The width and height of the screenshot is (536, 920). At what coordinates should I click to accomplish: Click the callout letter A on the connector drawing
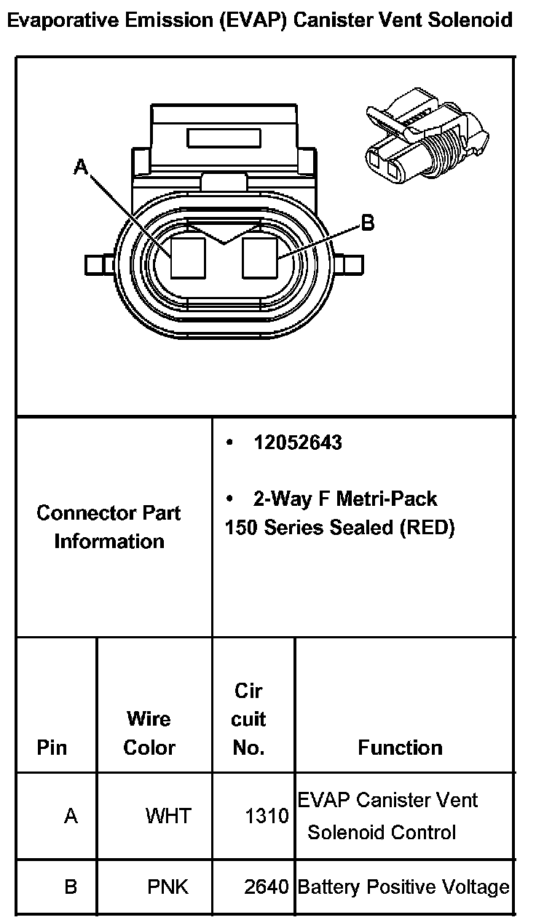pos(81,168)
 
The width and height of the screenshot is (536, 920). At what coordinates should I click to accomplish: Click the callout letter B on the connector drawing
pos(368,223)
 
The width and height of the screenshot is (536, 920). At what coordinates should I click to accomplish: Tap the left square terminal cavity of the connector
pos(189,257)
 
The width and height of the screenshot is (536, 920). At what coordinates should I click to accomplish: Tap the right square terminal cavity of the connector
pos(260,256)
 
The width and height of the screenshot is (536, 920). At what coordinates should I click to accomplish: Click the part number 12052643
pos(297,443)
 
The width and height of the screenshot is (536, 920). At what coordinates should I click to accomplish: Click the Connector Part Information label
pos(109,527)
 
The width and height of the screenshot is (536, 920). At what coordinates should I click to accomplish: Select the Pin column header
pos(52,747)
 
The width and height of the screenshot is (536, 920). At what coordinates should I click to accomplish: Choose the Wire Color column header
pos(149,733)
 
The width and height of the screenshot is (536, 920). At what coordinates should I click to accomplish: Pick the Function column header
pos(400,747)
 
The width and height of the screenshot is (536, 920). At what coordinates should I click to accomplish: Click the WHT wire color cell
pos(168,816)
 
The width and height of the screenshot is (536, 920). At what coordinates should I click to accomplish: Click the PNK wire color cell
pos(168,887)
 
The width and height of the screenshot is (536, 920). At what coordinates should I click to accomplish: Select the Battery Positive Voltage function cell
pos(403,887)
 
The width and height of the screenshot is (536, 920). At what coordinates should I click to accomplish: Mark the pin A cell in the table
pos(71,816)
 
